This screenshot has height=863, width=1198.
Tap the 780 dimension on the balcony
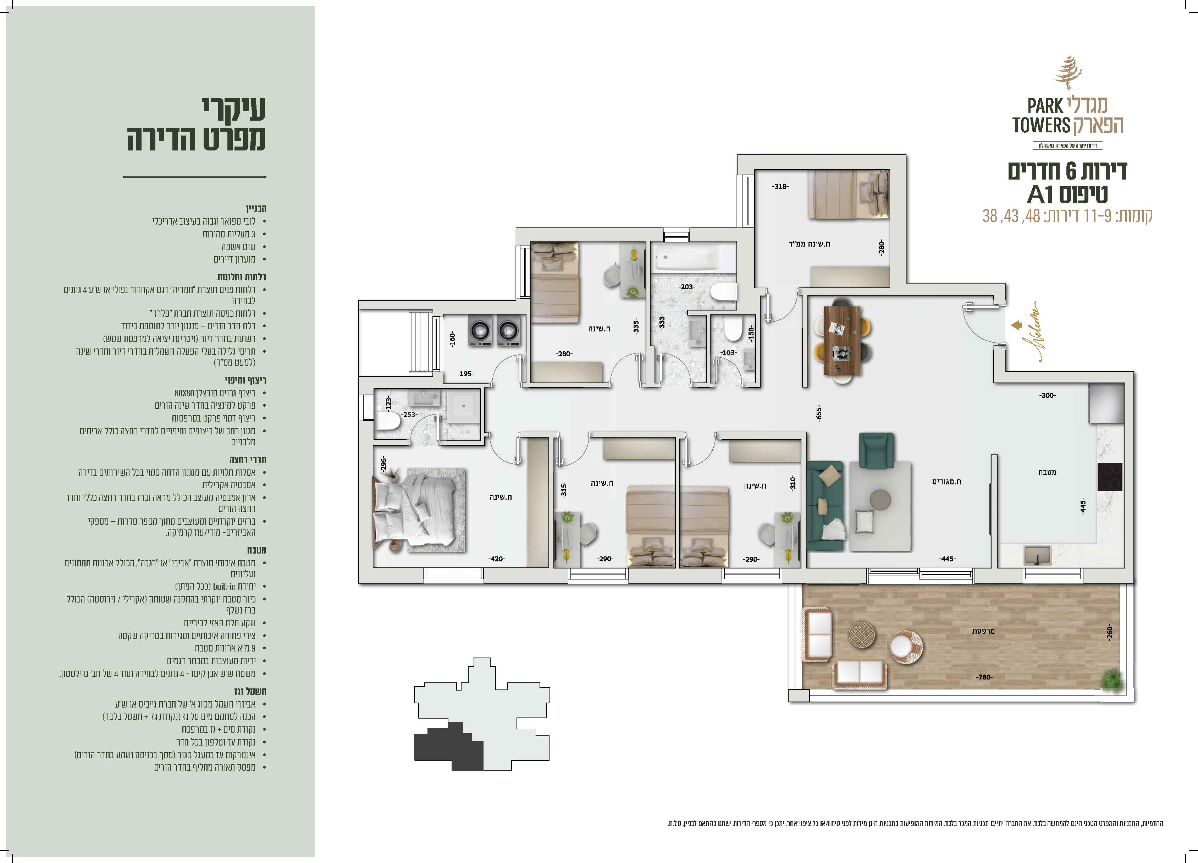pyautogui.click(x=984, y=677)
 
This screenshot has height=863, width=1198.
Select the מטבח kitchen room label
pyautogui.click(x=1047, y=472)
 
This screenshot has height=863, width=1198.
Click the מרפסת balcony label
pyautogui.click(x=983, y=631)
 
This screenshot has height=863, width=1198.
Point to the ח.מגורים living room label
pyautogui.click(x=946, y=482)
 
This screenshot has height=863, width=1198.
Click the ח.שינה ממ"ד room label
pyautogui.click(x=809, y=244)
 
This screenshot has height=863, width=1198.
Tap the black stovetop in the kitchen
pyautogui.click(x=1110, y=477)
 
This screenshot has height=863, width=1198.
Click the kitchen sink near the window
pyautogui.click(x=1037, y=555)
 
